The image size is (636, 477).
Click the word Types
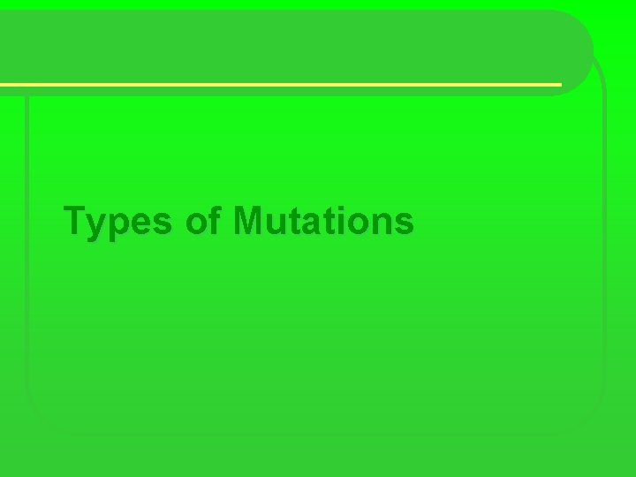[120, 222]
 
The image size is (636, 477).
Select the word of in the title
[202, 221]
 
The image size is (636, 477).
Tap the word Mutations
[322, 221]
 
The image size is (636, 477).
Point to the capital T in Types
[76, 220]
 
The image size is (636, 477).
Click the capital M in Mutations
[249, 220]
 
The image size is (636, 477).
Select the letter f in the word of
[213, 220]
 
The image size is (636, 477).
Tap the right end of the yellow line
[559, 85]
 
